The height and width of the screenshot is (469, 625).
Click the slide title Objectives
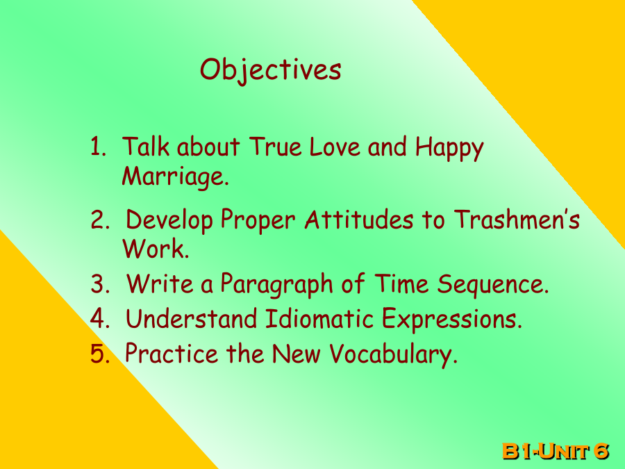pyautogui.click(x=271, y=71)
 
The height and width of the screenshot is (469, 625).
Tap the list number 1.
pyautogui.click(x=98, y=147)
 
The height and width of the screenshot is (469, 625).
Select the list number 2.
pyautogui.click(x=100, y=220)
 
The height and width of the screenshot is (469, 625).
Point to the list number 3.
pyautogui.click(x=100, y=284)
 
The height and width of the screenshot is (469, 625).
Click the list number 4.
pyautogui.click(x=100, y=319)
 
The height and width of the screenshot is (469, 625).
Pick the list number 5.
pyautogui.click(x=100, y=354)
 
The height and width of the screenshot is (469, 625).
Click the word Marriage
pyautogui.click(x=176, y=176)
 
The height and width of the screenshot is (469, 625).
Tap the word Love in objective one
pyautogui.click(x=335, y=147)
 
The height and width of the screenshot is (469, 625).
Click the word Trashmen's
pyautogui.click(x=517, y=220)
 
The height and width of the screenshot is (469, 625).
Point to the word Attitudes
pyautogui.click(x=359, y=220)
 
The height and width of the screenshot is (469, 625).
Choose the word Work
pyautogui.click(x=156, y=249)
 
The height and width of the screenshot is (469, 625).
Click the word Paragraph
pyautogui.click(x=276, y=285)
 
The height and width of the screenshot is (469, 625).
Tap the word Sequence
pyautogui.click(x=493, y=285)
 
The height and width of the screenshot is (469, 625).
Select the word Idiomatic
pyautogui.click(x=319, y=318)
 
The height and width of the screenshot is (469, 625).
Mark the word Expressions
pyautogui.click(x=452, y=320)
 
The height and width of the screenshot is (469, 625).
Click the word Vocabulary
pyautogui.click(x=394, y=354)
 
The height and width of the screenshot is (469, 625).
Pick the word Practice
pyautogui.click(x=172, y=353)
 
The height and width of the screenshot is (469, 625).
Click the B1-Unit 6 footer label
pyautogui.click(x=556, y=451)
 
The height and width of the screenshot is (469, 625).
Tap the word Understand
pyautogui.click(x=192, y=318)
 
